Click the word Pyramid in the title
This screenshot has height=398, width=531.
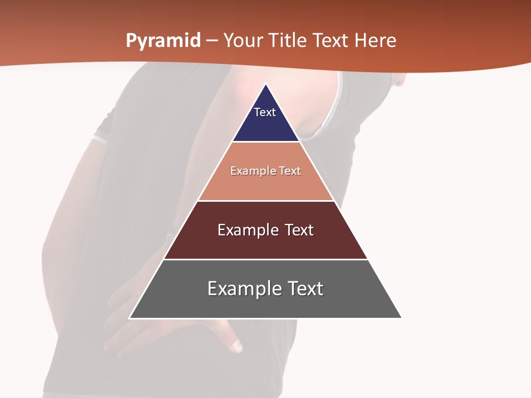(163, 41)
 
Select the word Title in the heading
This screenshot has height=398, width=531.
(292, 41)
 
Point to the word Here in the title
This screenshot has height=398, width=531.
(376, 41)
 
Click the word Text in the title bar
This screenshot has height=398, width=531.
(332, 41)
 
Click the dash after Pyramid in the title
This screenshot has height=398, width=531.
(212, 41)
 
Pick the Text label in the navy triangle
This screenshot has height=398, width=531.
(265, 112)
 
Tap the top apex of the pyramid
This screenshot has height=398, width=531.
(266, 85)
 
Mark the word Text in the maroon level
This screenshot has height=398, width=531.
(299, 230)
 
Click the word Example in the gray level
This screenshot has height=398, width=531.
(243, 289)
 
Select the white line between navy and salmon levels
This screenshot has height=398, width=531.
(266, 142)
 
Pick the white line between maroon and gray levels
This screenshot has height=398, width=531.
(266, 259)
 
